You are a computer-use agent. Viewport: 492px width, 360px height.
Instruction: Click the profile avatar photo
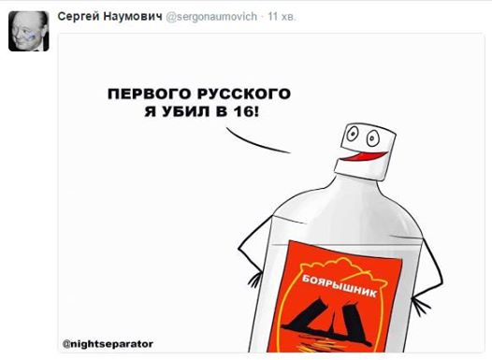pos(29,31)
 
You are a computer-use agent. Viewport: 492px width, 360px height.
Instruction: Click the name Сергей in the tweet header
pos(79,17)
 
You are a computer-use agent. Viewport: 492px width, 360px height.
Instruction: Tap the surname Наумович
pos(133,16)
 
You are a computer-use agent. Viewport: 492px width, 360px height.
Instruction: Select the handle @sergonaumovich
pos(211,17)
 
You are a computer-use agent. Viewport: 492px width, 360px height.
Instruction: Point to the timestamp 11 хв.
pos(282,17)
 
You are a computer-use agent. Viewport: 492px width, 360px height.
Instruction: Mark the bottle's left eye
pos(352,134)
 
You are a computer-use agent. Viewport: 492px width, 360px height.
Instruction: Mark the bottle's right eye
pos(373,138)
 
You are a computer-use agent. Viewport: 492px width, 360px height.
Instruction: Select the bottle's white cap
pos(365,151)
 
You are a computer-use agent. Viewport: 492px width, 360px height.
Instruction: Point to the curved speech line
pos(254,144)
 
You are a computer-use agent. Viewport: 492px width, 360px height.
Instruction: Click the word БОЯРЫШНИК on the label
pos(339,286)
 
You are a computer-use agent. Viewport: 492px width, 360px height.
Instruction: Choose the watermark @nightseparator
pos(108,344)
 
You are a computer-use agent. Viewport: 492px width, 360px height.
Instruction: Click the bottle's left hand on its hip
pos(254,281)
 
